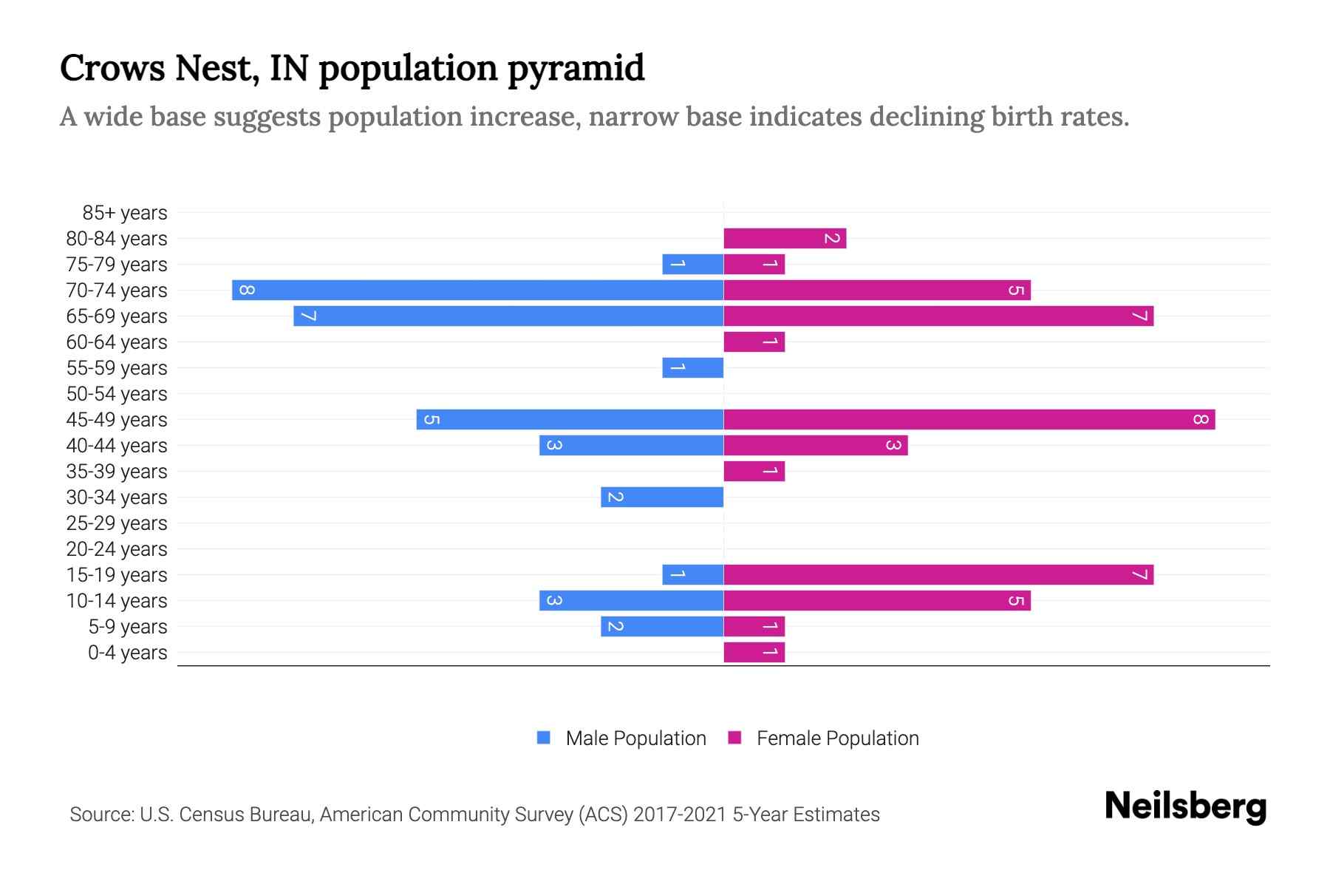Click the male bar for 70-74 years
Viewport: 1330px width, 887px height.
pyautogui.click(x=477, y=290)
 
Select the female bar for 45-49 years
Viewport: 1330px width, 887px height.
pyautogui.click(x=969, y=419)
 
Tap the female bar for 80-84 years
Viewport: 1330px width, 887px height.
pyautogui.click(x=784, y=238)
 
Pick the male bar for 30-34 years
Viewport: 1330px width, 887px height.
pyautogui.click(x=662, y=497)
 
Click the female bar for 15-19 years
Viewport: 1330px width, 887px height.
pyautogui.click(x=938, y=574)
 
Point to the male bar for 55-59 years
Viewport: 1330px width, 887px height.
pyautogui.click(x=692, y=367)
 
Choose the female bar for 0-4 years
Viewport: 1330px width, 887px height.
pyautogui.click(x=754, y=652)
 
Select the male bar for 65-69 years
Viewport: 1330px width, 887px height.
pyautogui.click(x=508, y=316)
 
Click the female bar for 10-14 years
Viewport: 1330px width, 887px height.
pyautogui.click(x=876, y=600)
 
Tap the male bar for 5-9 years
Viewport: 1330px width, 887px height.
pyautogui.click(x=662, y=626)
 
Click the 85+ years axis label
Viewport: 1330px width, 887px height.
pyautogui.click(x=124, y=213)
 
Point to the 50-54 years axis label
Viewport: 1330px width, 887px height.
pyautogui.click(x=117, y=394)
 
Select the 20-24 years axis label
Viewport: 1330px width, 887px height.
pyautogui.click(x=117, y=549)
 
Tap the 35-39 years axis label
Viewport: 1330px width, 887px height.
pyautogui.click(x=117, y=472)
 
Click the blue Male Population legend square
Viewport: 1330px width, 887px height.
pyautogui.click(x=544, y=738)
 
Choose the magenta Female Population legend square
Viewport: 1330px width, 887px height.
pyautogui.click(x=734, y=738)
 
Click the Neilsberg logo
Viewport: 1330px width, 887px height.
pyautogui.click(x=1185, y=806)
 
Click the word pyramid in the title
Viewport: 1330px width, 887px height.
pyautogui.click(x=576, y=69)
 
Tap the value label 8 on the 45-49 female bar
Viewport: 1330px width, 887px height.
pyautogui.click(x=1200, y=419)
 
